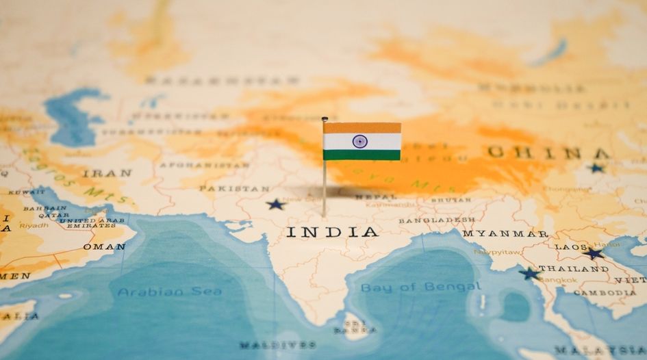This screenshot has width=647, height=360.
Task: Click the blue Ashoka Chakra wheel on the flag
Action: coord(360,142)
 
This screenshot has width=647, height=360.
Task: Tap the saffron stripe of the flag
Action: coord(361,128)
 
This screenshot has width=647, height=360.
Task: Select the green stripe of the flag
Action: coord(361,155)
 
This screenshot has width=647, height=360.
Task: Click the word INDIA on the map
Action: coord(332,231)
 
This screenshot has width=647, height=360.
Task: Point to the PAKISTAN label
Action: coord(234,188)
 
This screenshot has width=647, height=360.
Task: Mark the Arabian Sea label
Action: coord(169,292)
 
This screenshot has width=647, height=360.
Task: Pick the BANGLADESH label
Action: coord(437,220)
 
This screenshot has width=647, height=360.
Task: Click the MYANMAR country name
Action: coord(505,233)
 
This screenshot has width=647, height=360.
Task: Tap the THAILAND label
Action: coord(573,269)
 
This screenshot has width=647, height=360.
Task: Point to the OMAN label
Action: coord(104,246)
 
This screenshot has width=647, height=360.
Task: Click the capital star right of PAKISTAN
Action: coord(275,204)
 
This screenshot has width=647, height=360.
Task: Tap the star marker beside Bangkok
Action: coord(529,273)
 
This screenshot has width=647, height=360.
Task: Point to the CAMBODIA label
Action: coord(605,293)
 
